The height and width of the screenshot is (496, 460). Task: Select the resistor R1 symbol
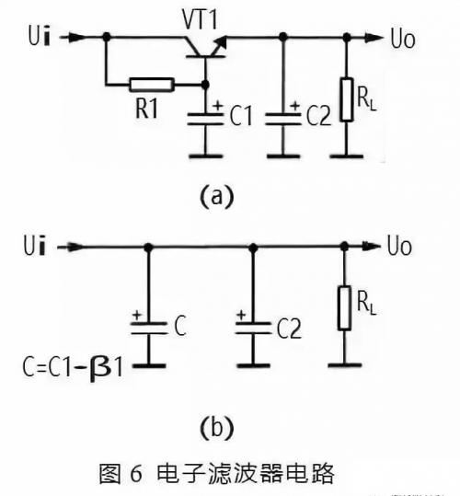click(152, 85)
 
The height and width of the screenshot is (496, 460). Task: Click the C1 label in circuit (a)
click(240, 117)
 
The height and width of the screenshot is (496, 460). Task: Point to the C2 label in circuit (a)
click(319, 117)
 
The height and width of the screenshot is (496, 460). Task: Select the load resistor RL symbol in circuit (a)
click(347, 100)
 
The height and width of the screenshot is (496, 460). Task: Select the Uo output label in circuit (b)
click(406, 248)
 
